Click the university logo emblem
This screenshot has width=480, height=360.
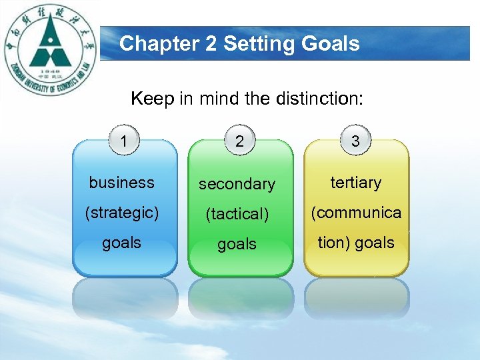coord(51,51)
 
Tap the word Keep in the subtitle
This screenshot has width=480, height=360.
coord(152,99)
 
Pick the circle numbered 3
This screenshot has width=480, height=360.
coord(355,141)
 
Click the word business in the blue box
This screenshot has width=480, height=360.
coord(121,182)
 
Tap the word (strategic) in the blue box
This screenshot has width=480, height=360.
coord(121,213)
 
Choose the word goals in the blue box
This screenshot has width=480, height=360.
coord(121,243)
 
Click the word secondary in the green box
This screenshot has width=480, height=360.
coord(237,183)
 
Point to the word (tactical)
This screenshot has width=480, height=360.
coord(237,214)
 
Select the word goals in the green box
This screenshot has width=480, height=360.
coord(237,245)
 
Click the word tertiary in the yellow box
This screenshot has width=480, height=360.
coord(356,182)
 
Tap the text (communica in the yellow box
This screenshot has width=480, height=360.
coord(356,213)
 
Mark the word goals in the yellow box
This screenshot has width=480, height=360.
coord(375,243)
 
